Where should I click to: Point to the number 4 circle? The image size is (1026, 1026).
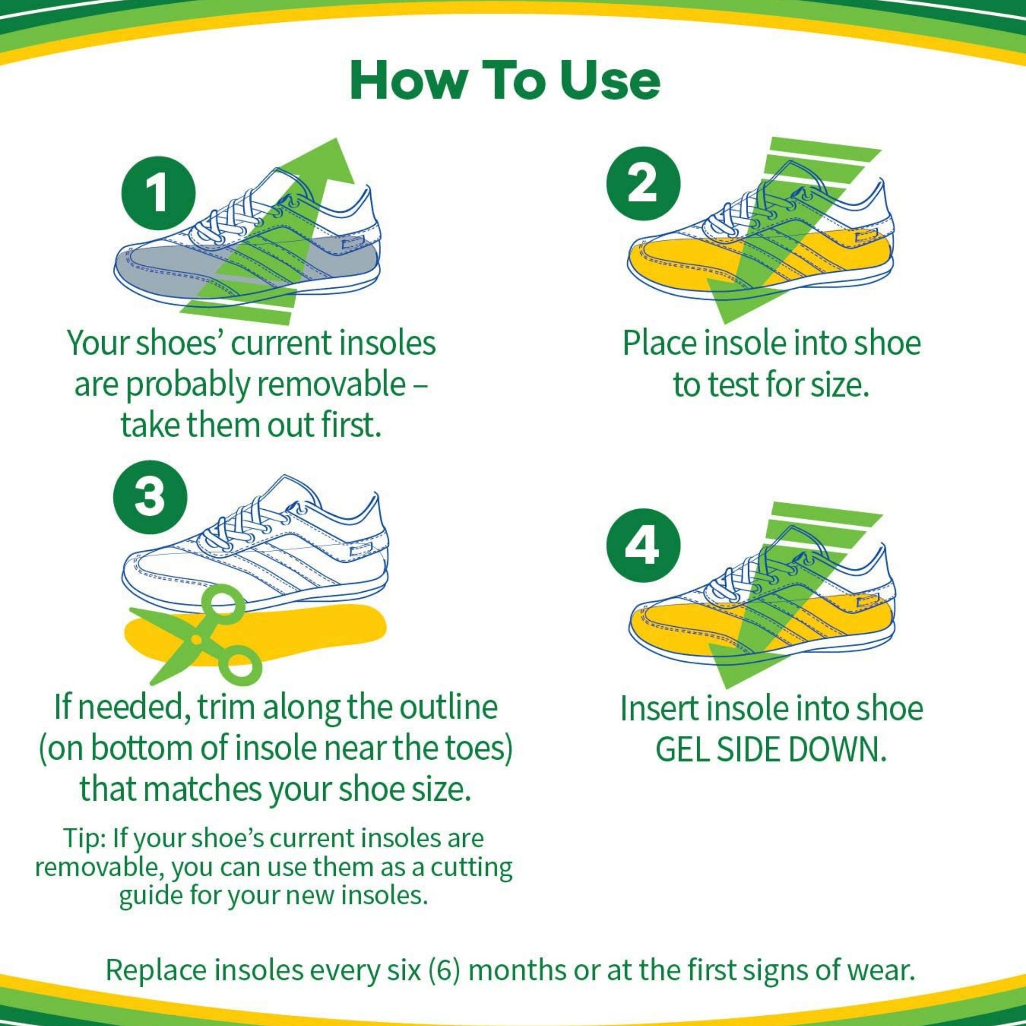click(643, 548)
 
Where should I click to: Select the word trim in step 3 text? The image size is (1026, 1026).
click(231, 707)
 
